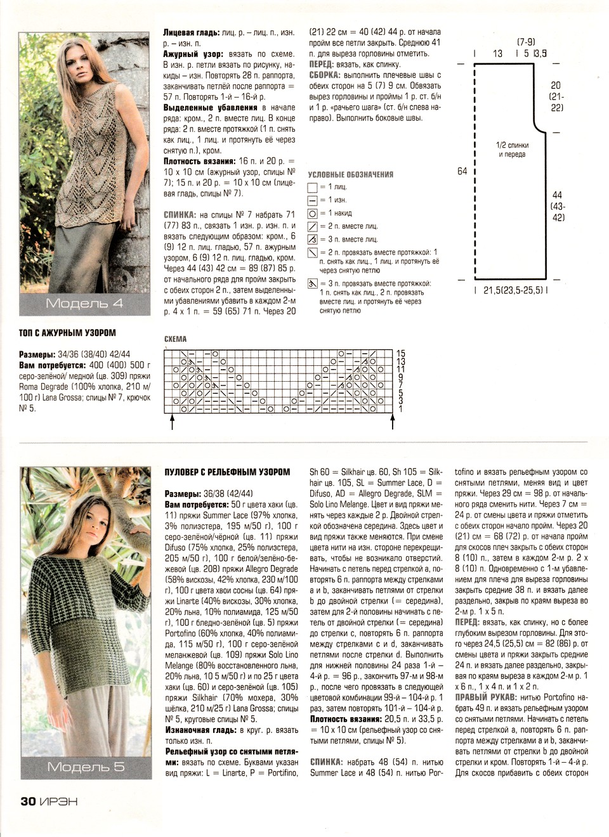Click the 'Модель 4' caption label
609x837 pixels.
pos(84,303)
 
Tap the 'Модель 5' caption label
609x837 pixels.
pos(86,767)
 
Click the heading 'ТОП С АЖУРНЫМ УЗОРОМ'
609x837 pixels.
pos(68,332)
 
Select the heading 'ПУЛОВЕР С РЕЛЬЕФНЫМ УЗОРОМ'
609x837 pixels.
pos(227,472)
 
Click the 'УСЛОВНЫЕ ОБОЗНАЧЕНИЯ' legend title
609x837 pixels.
pos(350,174)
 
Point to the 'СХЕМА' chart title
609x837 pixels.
pos(175,339)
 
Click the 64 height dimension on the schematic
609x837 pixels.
pos(462,171)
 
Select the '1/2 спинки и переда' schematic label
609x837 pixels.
pos(512,150)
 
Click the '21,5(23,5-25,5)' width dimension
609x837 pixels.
pos(511,290)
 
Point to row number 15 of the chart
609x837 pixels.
pos(400,353)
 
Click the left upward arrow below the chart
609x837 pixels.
pos(172,421)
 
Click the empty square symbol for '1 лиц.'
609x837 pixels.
pos(311,188)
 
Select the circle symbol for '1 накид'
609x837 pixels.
pos(311,214)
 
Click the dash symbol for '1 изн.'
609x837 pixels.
pos(311,200)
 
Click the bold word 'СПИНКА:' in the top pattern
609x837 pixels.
pos(179,215)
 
